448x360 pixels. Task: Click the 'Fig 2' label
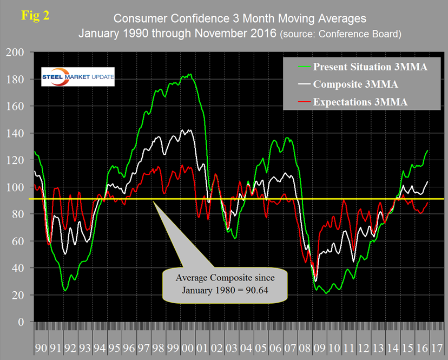(x=35, y=15)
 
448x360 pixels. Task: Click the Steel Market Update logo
(x=78, y=77)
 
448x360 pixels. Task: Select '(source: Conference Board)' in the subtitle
(x=340, y=34)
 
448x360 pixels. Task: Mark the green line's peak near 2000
(x=189, y=74)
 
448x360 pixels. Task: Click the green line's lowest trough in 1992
(x=65, y=291)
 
